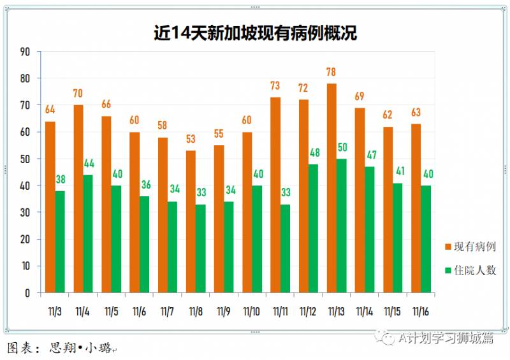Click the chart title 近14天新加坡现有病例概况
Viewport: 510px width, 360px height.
(x=255, y=32)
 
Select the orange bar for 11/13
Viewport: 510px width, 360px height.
(x=331, y=188)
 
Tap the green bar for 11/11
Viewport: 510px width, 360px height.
(x=285, y=248)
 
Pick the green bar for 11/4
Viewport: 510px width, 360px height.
(x=88, y=234)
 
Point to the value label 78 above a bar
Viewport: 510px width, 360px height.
(x=331, y=72)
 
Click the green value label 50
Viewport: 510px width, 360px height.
(x=342, y=148)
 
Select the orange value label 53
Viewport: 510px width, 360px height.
(x=191, y=140)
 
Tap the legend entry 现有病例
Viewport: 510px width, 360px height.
(x=470, y=247)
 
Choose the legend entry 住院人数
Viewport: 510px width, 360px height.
(x=470, y=270)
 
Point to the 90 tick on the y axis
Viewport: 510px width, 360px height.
(x=25, y=52)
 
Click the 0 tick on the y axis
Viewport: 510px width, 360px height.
(x=28, y=293)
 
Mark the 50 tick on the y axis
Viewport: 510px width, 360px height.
(x=25, y=159)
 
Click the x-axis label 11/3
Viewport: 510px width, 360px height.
(x=55, y=312)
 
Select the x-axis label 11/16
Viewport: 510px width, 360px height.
(x=421, y=312)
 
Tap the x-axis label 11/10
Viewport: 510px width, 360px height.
(x=252, y=312)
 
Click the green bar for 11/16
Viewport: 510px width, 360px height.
(x=426, y=239)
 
